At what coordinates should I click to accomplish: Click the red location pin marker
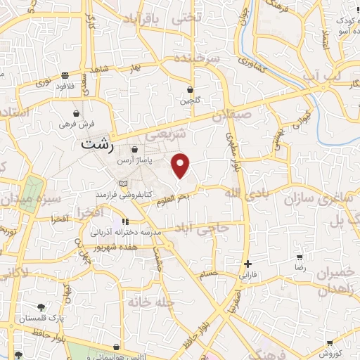coord(181,165)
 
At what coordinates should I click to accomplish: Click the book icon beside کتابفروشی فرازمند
coord(124,184)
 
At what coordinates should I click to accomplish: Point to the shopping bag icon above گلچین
coord(191,89)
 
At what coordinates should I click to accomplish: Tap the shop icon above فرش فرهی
coord(77,112)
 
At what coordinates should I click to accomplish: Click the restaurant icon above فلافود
coord(65,75)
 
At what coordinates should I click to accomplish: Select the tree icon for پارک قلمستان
coord(41,307)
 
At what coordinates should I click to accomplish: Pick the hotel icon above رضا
coord(300,258)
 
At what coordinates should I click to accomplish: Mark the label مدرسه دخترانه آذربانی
coord(131,231)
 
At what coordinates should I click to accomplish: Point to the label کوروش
coord(330,353)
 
